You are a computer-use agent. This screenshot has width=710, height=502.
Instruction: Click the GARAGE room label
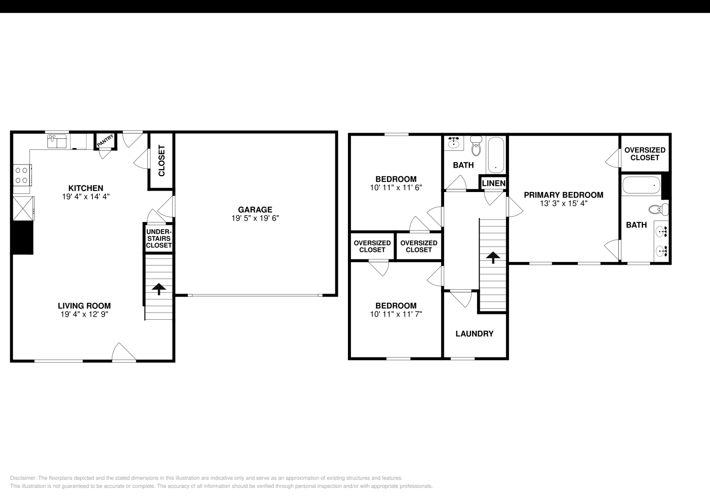click(x=255, y=209)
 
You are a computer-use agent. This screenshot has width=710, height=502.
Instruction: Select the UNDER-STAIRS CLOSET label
click(x=159, y=239)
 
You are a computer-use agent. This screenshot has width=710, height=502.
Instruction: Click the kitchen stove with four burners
click(x=22, y=174)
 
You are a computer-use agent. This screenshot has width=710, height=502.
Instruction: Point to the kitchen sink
click(x=57, y=141)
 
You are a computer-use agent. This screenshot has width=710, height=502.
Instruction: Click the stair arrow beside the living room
click(x=158, y=289)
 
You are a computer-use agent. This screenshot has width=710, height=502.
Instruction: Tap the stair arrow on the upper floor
click(x=492, y=257)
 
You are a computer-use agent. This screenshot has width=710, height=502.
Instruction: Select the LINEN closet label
click(x=493, y=183)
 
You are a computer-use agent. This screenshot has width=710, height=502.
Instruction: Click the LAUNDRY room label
click(x=474, y=334)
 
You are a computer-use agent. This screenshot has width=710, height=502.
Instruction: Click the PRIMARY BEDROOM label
click(x=564, y=195)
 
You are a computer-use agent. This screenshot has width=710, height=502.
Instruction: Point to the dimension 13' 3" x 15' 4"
click(x=564, y=204)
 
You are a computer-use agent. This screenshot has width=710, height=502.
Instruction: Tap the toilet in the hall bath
click(x=476, y=146)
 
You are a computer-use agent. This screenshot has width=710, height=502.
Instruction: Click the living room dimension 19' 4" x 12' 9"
click(x=84, y=314)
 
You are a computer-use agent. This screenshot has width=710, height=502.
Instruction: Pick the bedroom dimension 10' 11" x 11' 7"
click(x=396, y=314)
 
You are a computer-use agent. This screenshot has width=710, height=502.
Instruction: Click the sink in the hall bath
click(x=454, y=143)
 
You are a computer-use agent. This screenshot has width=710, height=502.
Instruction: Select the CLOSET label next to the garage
click(x=161, y=161)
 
